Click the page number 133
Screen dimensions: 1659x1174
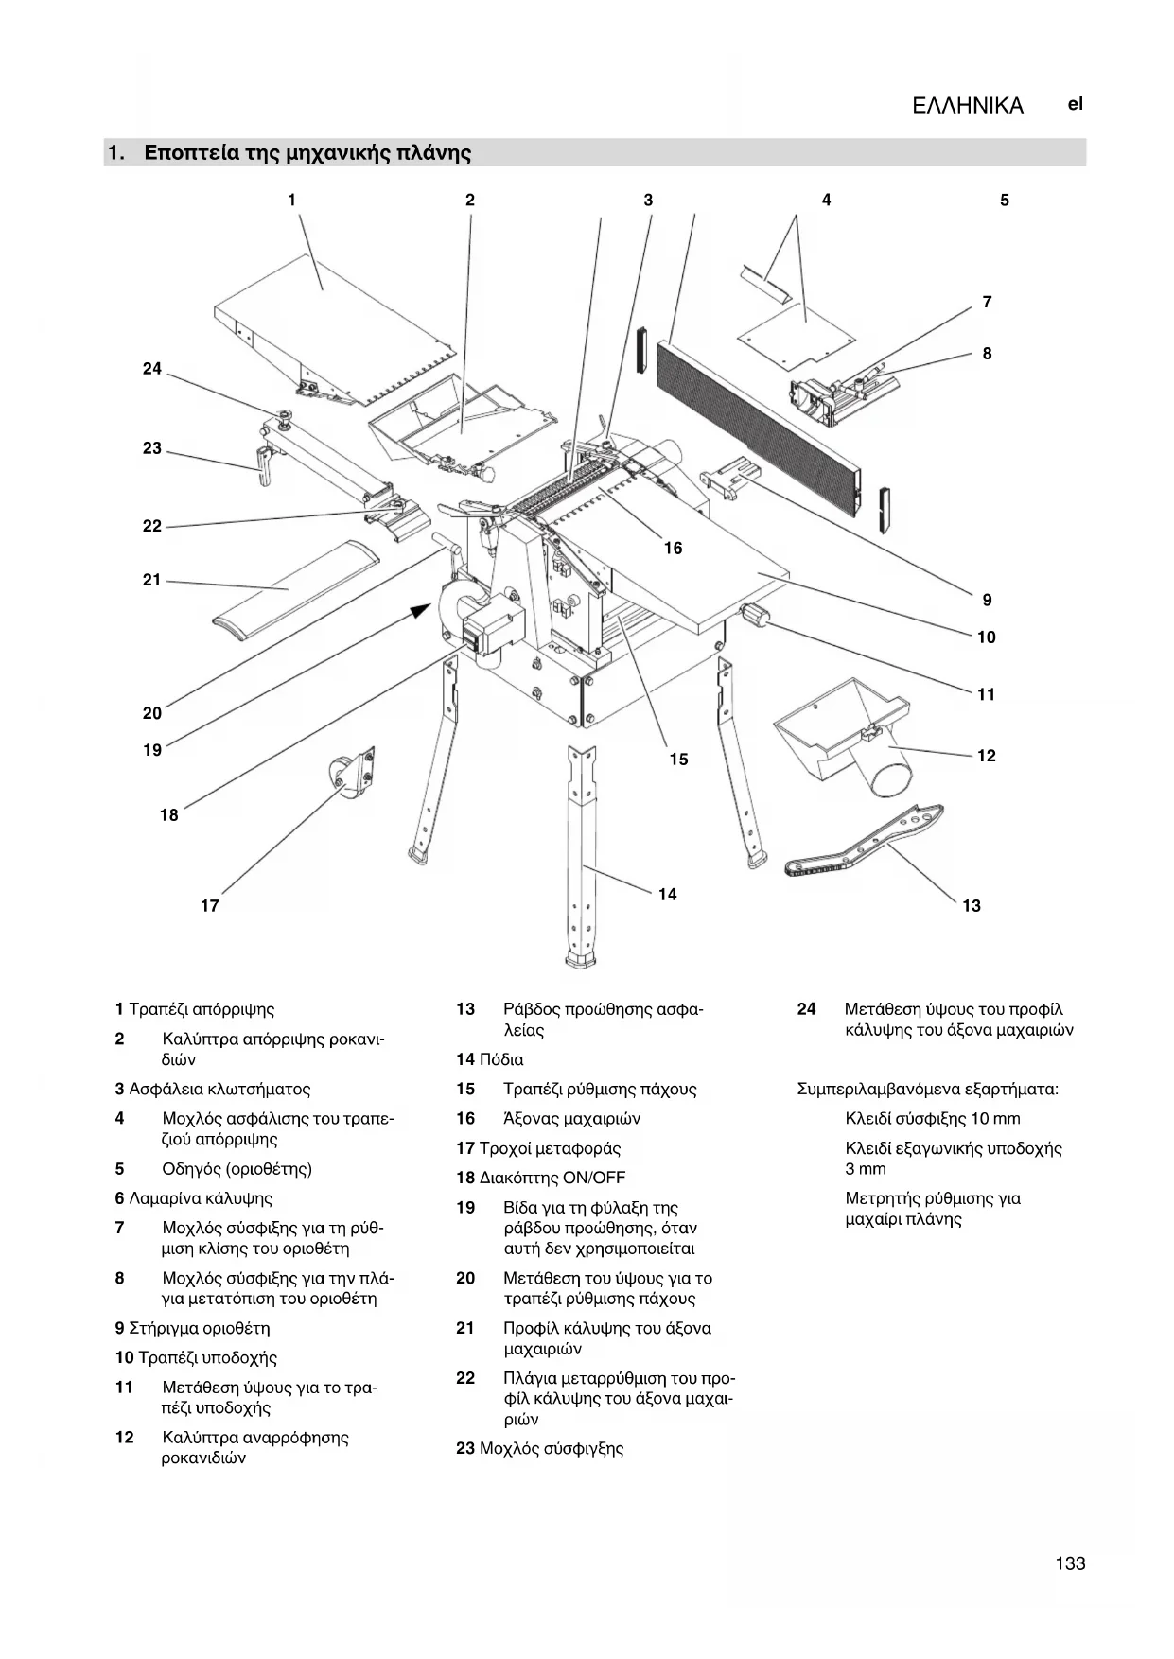[x=1070, y=1563]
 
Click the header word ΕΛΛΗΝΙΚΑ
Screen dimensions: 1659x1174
[x=968, y=106]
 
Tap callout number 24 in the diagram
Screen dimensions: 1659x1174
[x=152, y=369]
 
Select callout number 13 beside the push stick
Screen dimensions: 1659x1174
[x=972, y=906]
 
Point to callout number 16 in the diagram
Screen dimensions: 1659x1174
[x=673, y=549]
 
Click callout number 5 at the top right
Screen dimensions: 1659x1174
[x=1005, y=201]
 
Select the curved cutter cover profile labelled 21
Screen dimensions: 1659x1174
[x=293, y=589]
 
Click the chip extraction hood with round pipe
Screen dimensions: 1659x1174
[x=847, y=732]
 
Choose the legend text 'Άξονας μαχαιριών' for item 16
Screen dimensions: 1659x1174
[x=571, y=1119]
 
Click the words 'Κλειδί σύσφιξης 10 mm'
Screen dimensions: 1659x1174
[x=933, y=1119]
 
